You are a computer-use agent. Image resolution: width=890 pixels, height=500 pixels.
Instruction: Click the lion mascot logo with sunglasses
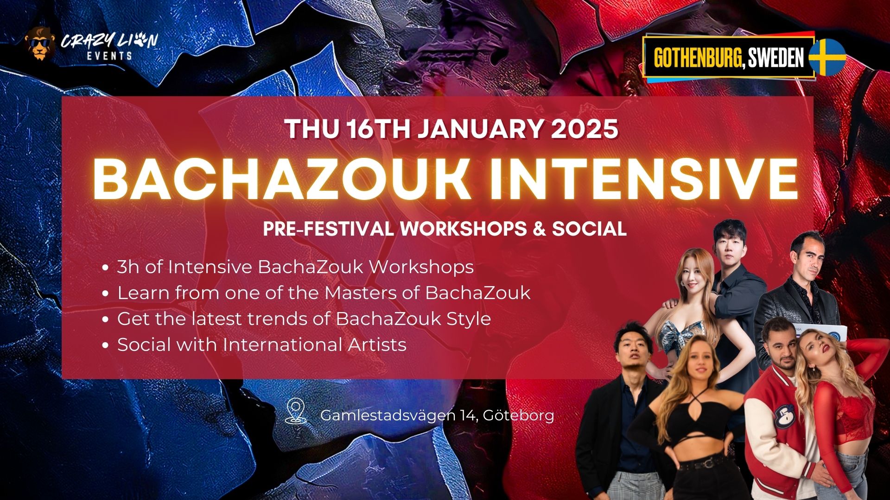point(39,43)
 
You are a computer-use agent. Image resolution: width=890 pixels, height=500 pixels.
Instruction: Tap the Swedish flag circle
point(827,57)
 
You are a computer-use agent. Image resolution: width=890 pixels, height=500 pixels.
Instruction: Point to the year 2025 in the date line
point(585,129)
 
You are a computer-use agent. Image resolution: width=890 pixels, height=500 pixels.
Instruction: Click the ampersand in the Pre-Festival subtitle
point(539,229)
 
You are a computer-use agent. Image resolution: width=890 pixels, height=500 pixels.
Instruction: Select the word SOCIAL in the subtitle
point(589,229)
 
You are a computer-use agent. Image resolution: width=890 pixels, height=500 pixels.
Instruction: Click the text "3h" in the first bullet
point(128,267)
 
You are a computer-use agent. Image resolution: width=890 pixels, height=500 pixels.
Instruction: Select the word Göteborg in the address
point(519,416)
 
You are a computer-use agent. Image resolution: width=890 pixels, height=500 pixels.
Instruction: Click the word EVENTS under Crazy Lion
point(109,56)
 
